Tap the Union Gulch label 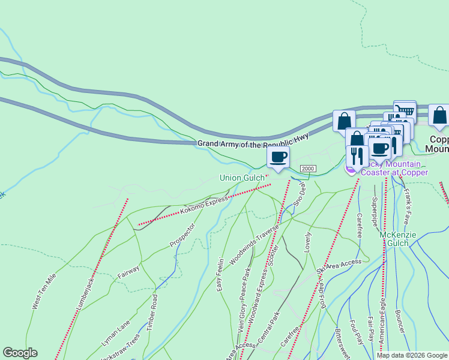point(242,177)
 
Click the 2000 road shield point(308,169)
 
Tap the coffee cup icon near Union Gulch point(278,158)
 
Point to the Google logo point(20,353)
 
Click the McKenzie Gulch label point(397,239)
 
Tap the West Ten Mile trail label point(43,292)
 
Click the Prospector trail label point(182,236)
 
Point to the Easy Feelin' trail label point(220,275)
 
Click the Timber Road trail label point(155,311)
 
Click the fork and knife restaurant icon point(357,156)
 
